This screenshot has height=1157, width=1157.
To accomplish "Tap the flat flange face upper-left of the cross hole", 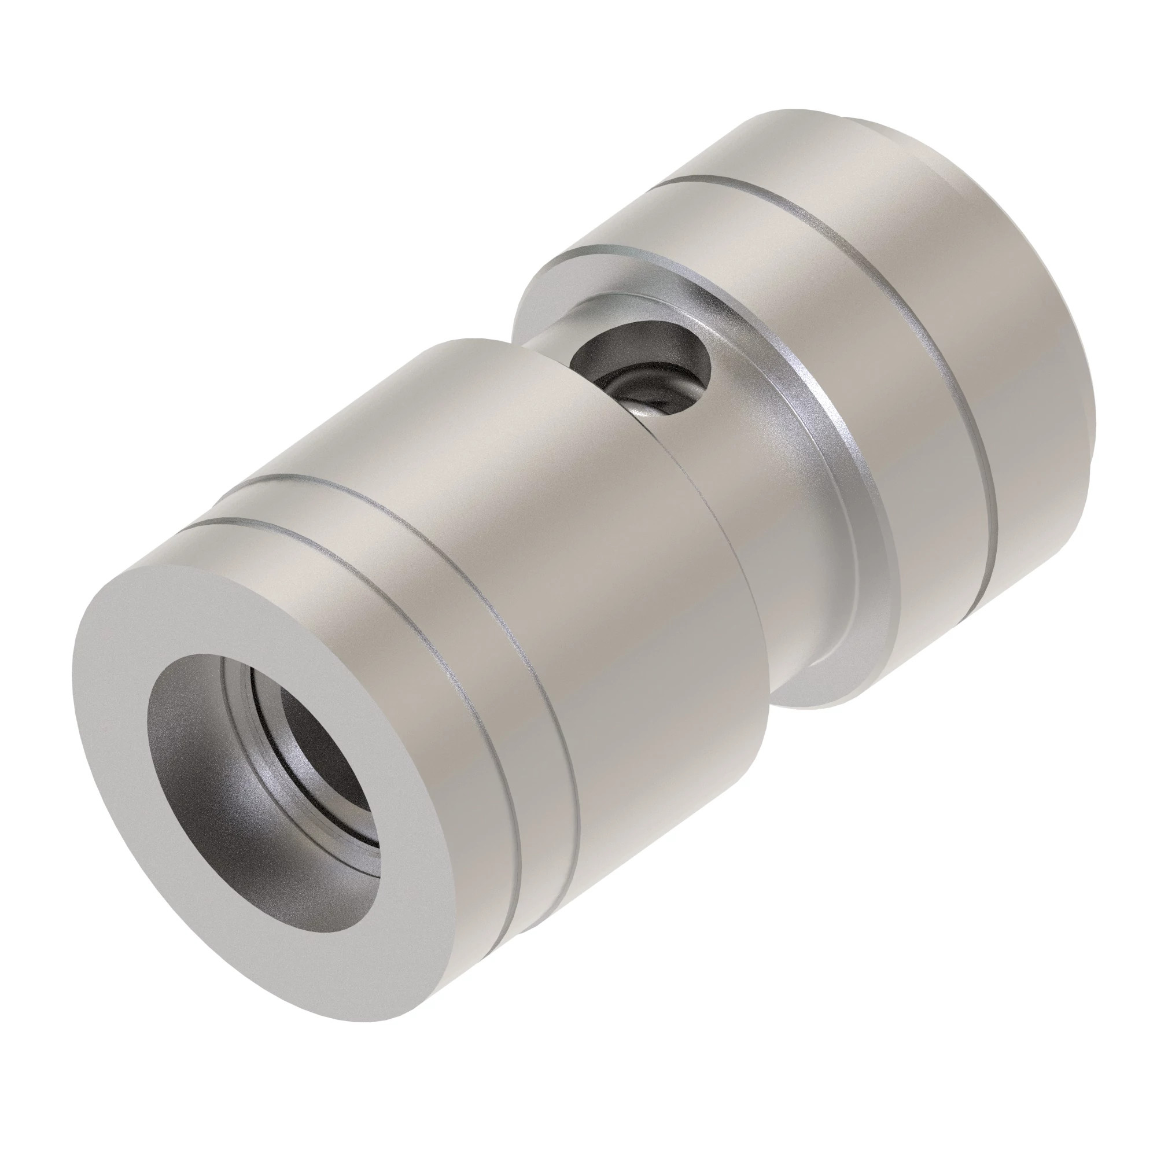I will pyautogui.click(x=551, y=300).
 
